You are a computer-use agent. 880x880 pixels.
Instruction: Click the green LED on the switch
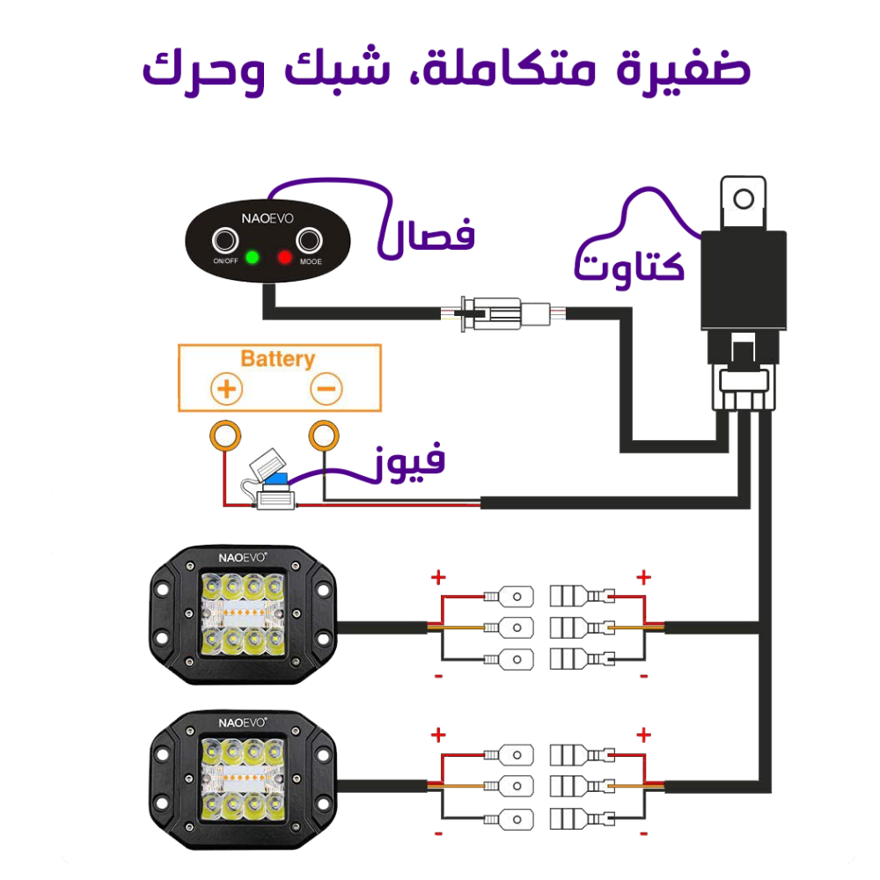(253, 258)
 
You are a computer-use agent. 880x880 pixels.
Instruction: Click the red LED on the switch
(284, 258)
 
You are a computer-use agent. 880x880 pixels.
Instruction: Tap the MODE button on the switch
(310, 240)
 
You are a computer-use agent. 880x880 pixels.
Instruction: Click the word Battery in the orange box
(277, 359)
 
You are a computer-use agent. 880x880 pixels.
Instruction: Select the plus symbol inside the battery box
(226, 388)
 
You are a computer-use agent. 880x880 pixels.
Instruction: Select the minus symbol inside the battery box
(326, 388)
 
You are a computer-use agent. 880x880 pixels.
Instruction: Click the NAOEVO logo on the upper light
(242, 556)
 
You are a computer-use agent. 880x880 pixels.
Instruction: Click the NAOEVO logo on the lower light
(242, 719)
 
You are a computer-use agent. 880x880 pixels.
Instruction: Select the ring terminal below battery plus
(225, 435)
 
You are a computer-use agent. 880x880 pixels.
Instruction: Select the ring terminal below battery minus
(324, 435)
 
